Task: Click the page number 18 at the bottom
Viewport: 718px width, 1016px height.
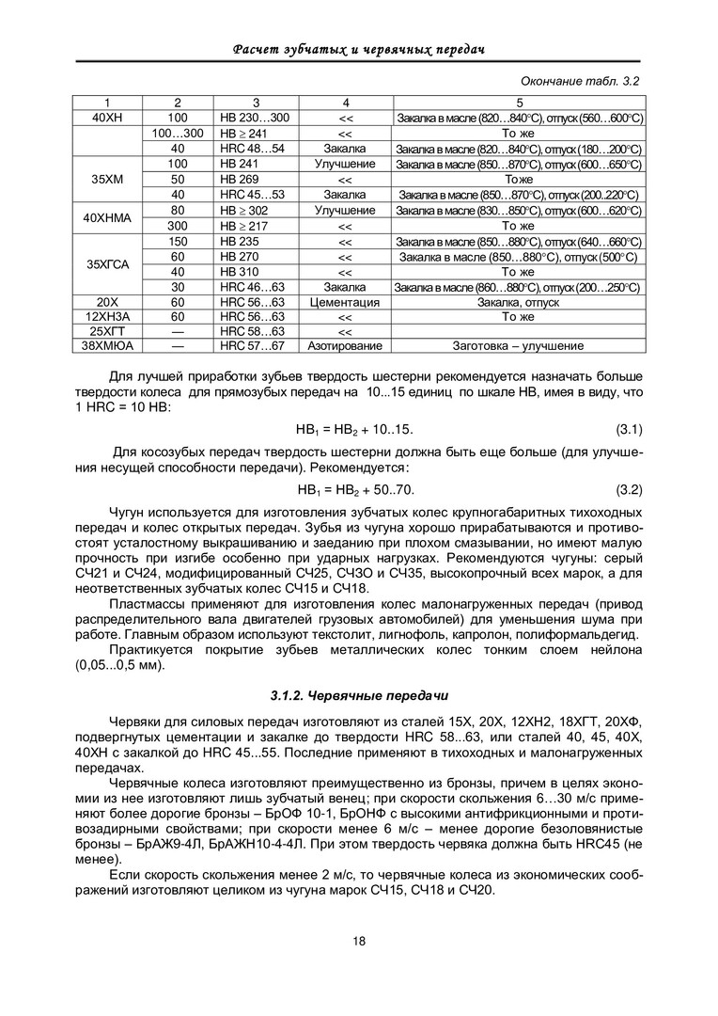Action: click(359, 942)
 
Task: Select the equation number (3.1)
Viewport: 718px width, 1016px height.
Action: click(628, 430)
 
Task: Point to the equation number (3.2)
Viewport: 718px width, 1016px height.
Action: click(628, 490)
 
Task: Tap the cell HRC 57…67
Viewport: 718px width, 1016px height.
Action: click(252, 346)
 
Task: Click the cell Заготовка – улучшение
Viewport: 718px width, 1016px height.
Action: click(518, 346)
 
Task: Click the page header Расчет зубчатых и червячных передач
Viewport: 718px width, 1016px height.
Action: click(358, 48)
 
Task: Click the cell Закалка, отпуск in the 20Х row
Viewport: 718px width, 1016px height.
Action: click(518, 303)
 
